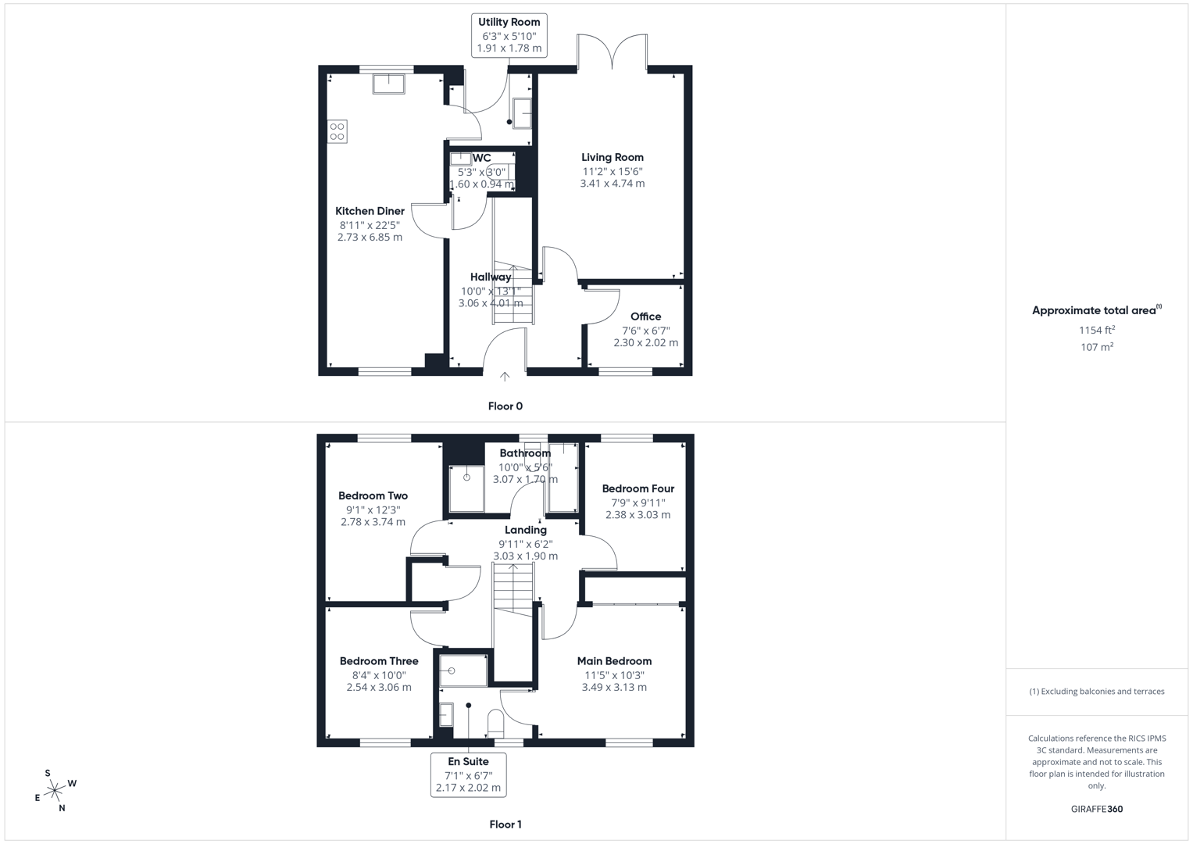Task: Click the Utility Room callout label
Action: (509, 35)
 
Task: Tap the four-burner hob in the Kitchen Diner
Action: (338, 131)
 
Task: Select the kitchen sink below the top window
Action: (388, 83)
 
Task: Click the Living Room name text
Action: (613, 157)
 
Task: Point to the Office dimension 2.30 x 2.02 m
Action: (645, 342)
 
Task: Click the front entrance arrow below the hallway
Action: (505, 377)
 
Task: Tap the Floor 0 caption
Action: (505, 406)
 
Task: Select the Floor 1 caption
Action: (505, 824)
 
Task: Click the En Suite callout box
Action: (469, 774)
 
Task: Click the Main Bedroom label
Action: (614, 661)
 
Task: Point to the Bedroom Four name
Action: (638, 488)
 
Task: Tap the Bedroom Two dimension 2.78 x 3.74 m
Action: (373, 522)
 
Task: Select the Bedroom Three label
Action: (379, 661)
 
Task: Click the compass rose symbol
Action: (55, 791)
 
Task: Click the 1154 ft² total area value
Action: (1096, 330)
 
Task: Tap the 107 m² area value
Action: (1096, 347)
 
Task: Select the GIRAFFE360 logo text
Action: (1096, 809)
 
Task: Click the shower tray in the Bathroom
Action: (466, 488)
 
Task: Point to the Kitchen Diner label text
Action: (370, 211)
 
